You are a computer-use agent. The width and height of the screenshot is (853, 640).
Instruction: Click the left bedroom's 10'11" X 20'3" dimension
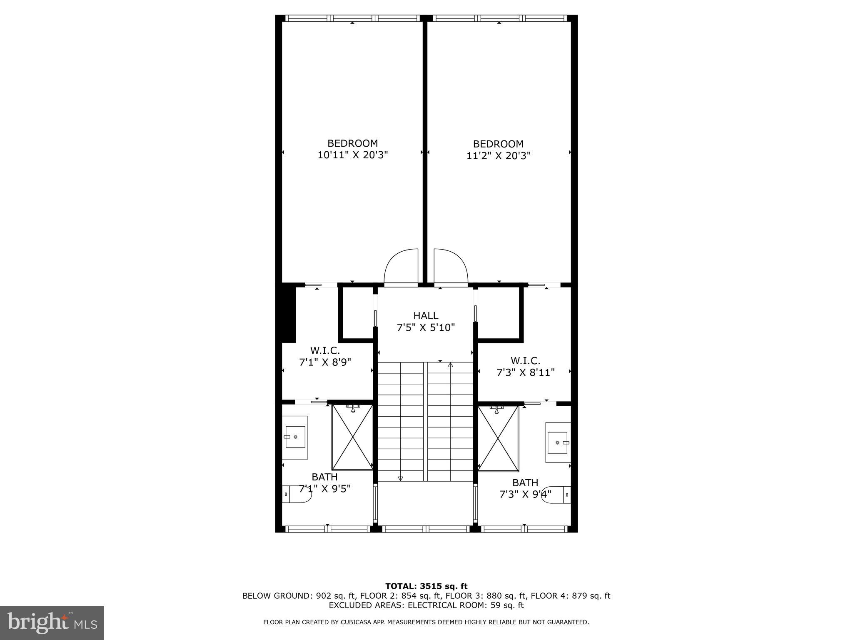click(352, 155)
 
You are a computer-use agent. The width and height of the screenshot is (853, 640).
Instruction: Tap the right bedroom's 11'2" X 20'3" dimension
click(498, 156)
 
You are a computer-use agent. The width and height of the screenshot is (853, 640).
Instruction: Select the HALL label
click(426, 316)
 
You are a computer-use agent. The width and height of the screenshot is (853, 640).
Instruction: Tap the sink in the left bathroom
click(295, 437)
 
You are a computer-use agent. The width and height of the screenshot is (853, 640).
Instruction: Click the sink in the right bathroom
click(558, 442)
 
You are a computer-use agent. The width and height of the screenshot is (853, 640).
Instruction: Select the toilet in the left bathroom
click(297, 495)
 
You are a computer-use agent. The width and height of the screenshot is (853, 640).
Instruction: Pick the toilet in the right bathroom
click(557, 495)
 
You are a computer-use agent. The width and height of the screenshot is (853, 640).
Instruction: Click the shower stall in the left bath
click(352, 437)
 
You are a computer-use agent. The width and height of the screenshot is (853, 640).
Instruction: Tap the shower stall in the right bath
click(498, 438)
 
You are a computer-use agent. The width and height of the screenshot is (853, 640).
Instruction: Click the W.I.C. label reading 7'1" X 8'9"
click(325, 356)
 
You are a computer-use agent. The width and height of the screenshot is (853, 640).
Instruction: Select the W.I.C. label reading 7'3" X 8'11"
click(525, 366)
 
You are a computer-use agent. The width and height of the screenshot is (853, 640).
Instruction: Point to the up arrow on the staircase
click(450, 365)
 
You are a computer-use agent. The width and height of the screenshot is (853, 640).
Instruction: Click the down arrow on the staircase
click(400, 478)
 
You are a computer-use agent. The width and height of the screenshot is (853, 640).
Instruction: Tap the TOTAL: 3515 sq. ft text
click(426, 586)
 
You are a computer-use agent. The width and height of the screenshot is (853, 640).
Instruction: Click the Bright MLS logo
click(52, 622)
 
